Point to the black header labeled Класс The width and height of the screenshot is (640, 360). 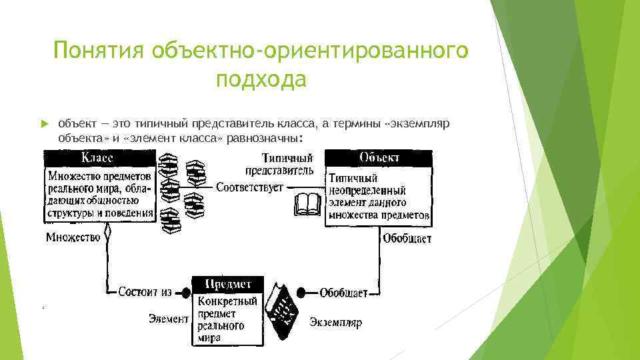(99, 157)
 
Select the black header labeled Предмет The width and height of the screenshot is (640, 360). (227, 284)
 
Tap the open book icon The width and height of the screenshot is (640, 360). (307, 203)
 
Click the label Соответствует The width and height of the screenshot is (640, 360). (249, 187)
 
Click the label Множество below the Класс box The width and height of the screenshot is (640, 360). (73, 237)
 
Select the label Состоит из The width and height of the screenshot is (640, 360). (145, 292)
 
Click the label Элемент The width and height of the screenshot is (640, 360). (168, 319)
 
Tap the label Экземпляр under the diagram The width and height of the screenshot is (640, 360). (335, 323)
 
